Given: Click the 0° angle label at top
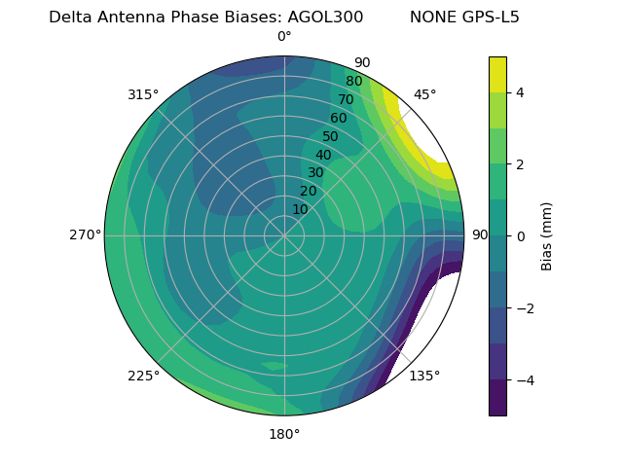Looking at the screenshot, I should (x=284, y=37).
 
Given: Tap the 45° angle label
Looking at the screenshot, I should (x=424, y=94).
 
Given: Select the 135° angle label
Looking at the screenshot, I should (x=423, y=376).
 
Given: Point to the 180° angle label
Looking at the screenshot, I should (x=284, y=434).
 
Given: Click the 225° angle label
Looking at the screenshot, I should (x=143, y=377).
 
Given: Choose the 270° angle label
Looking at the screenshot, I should (x=85, y=234).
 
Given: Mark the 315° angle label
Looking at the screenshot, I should (x=143, y=94).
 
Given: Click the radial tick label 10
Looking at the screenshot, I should (x=300, y=209).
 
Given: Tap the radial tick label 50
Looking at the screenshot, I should (x=330, y=137).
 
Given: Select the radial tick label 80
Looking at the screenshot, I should (x=353, y=82).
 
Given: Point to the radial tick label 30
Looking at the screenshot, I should (x=315, y=173).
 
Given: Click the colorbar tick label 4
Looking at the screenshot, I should (x=520, y=92).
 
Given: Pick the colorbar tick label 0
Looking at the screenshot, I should (x=520, y=235).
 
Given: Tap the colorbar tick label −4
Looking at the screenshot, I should (x=524, y=379).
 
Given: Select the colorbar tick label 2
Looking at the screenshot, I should (x=520, y=164).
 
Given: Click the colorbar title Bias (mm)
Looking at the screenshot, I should (x=547, y=235).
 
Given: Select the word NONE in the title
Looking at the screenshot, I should (x=431, y=17).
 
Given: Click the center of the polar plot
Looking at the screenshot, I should (x=284, y=235).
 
